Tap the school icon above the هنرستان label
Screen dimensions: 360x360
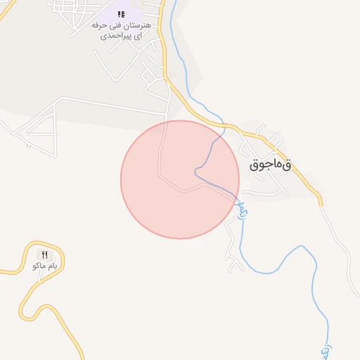(120, 13)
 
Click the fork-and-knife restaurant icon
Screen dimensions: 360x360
(44, 255)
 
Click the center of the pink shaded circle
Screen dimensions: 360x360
(180, 179)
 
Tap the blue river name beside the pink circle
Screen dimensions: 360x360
(244, 207)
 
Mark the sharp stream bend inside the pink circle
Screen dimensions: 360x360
(195, 171)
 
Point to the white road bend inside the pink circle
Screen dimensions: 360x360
(184, 190)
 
